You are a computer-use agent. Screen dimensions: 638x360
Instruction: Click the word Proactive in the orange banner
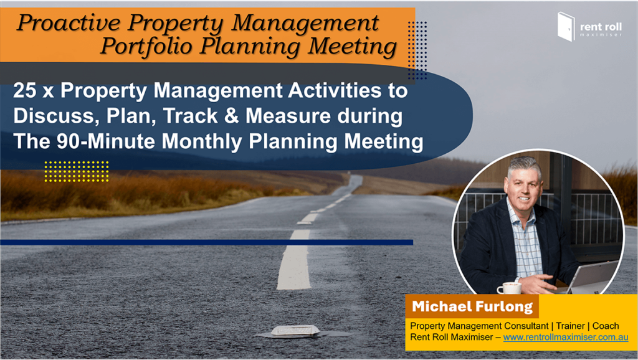click(69, 23)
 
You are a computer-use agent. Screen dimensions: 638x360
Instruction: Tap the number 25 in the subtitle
click(25, 90)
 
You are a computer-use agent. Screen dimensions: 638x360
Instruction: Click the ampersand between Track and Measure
click(231, 115)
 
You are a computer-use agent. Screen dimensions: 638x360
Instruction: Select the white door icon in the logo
click(566, 26)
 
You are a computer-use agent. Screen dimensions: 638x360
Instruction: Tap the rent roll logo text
click(601, 27)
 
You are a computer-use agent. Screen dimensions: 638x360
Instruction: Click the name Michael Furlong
click(472, 306)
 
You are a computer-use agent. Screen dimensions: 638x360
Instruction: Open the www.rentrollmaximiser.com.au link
click(566, 337)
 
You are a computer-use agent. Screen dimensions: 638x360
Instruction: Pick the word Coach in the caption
click(606, 326)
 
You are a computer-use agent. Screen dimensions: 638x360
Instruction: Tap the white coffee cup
click(509, 288)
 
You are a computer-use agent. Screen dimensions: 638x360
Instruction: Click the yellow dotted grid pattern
click(77, 171)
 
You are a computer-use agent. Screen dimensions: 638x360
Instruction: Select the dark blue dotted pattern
click(417, 50)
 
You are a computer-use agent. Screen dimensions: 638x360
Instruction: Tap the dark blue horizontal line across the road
click(207, 242)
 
